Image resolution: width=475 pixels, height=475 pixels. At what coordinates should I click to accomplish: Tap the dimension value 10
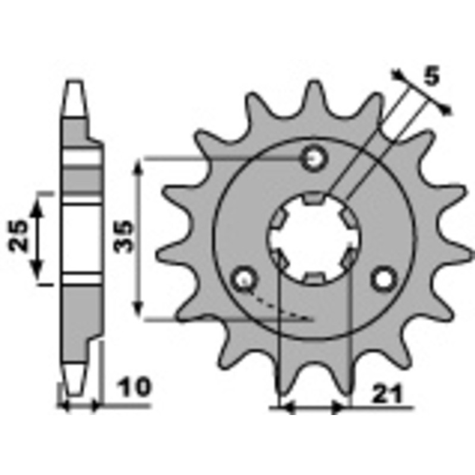pyautogui.click(x=135, y=389)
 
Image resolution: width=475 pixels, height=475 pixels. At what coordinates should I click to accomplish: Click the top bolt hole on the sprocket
pyautogui.click(x=314, y=158)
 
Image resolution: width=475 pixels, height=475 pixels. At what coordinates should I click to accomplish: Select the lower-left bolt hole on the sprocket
pyautogui.click(x=243, y=278)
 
